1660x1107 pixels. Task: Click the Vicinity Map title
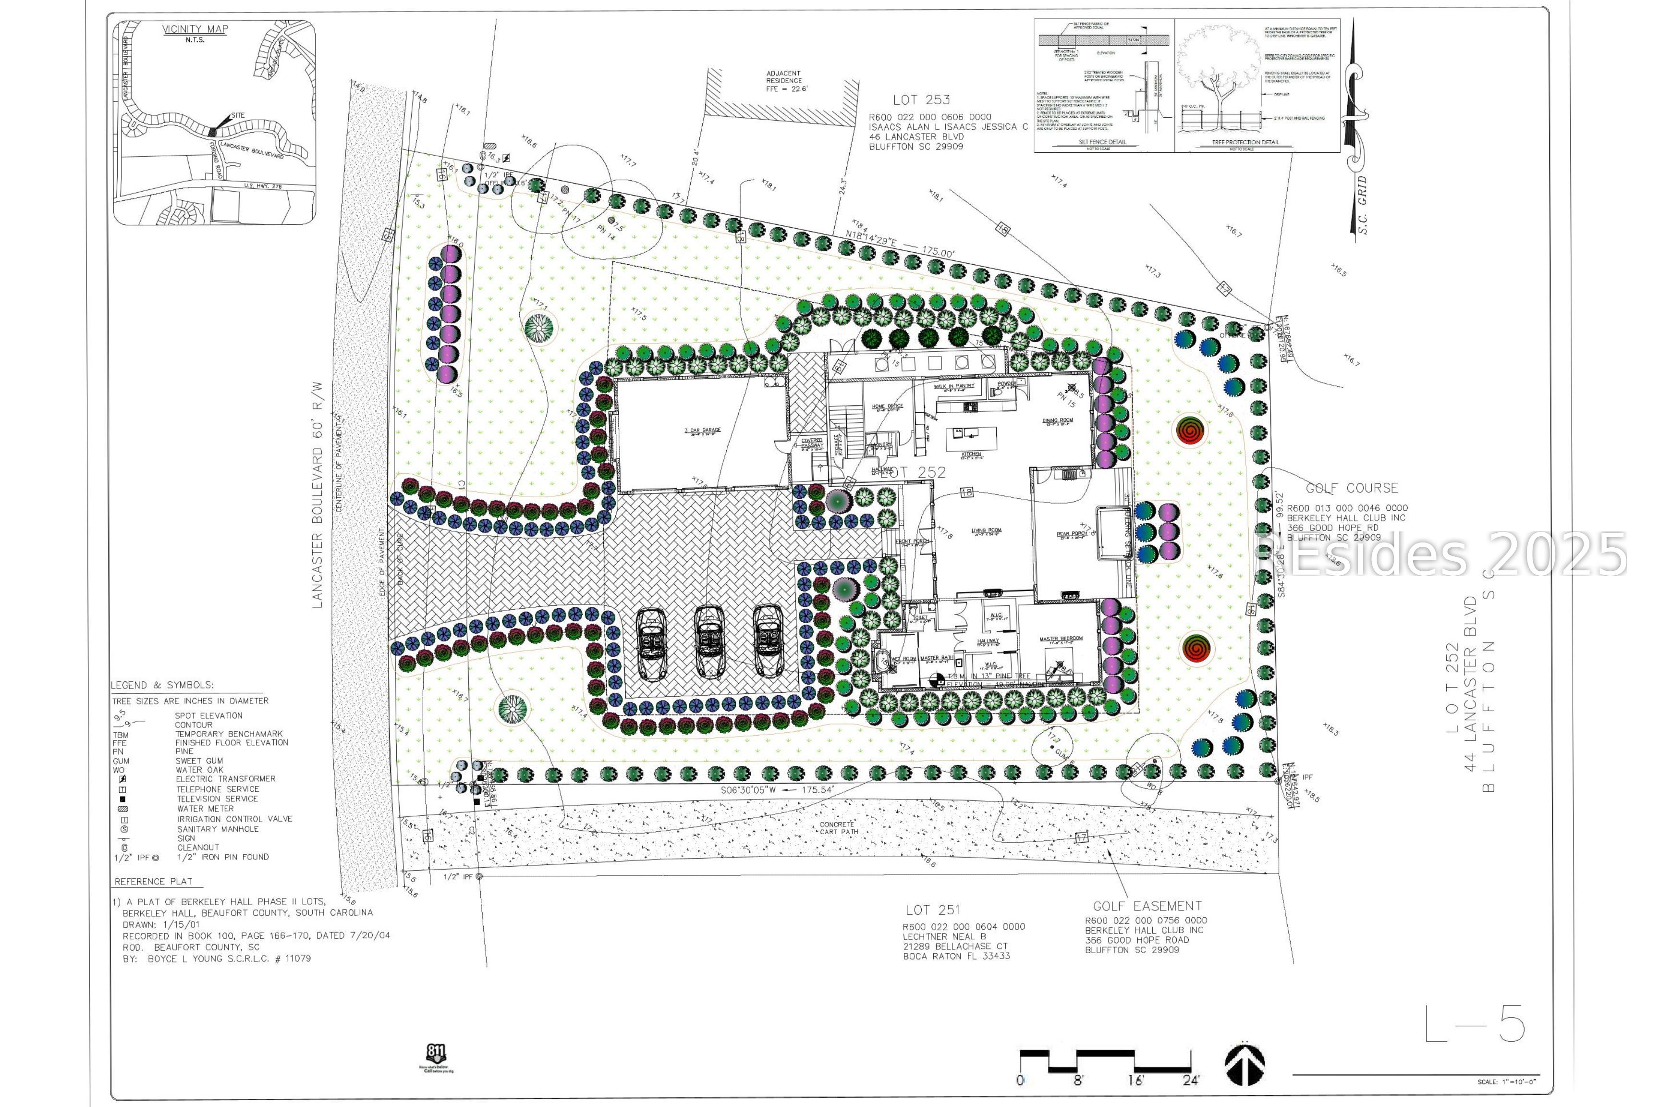(195, 29)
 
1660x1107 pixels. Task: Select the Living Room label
(986, 531)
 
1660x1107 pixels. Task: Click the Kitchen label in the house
(971, 454)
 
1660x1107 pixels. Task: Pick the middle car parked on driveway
(710, 641)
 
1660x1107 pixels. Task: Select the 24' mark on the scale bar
(1191, 1080)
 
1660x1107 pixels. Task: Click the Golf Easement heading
(1147, 906)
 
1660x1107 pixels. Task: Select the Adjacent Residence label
(783, 81)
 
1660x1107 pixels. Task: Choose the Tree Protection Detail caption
(1245, 142)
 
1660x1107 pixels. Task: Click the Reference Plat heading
(153, 881)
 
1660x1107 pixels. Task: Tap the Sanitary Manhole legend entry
(218, 829)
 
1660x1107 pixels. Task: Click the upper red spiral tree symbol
(1191, 430)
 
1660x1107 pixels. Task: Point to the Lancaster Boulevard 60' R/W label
(317, 495)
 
